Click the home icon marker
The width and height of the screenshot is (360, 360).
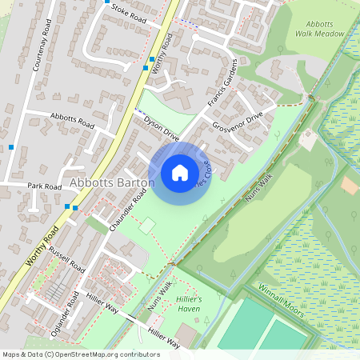point(180,173)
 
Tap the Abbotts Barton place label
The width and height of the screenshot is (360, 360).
point(111,183)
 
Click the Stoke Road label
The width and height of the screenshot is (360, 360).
point(130,11)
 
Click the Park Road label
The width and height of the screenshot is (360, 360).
point(44,186)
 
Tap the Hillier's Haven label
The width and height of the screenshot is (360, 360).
point(190,302)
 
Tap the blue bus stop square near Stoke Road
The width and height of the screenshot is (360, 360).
point(107,2)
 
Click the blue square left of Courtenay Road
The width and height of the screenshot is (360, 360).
point(11,147)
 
